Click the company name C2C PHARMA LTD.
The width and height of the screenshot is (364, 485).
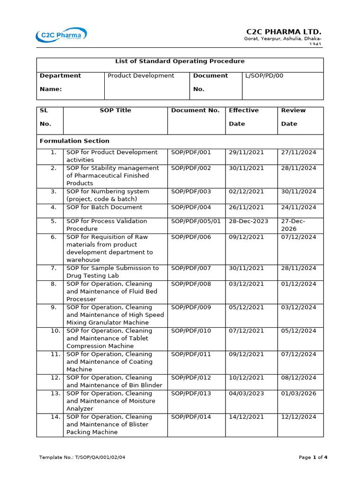[x=287, y=31]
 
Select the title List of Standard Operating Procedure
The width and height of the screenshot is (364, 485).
[x=180, y=62]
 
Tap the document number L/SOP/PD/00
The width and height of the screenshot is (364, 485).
[x=264, y=76]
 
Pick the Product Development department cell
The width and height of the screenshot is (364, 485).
[x=141, y=76]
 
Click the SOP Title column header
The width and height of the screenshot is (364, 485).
[x=115, y=110]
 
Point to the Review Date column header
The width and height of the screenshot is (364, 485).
[x=293, y=117]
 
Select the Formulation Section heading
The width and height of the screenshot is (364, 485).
[x=74, y=141]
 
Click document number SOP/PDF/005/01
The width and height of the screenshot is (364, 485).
[x=196, y=221]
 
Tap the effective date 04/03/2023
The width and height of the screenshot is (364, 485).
[x=246, y=394]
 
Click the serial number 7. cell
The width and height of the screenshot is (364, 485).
[x=54, y=268]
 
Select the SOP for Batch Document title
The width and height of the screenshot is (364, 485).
[x=104, y=207]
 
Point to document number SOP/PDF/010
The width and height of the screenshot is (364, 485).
[x=191, y=331]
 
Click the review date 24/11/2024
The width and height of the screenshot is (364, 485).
[x=299, y=207]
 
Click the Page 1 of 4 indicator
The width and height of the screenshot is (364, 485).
[x=313, y=458]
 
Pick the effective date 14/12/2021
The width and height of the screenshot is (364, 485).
[x=246, y=417]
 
